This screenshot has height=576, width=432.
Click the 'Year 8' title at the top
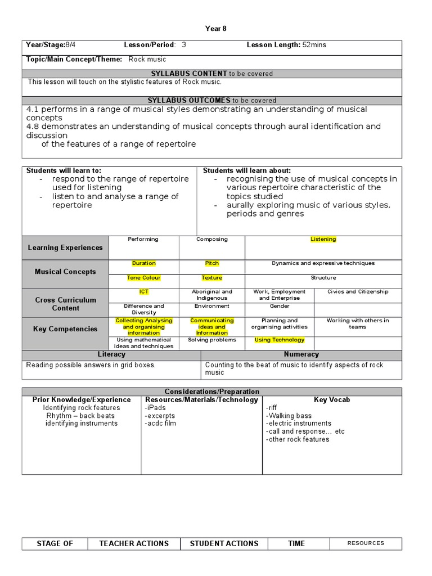coord(216,29)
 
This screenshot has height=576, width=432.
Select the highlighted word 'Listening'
coord(323,240)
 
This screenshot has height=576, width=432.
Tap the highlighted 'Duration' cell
coord(144,263)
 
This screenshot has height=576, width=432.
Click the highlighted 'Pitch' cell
coord(212,263)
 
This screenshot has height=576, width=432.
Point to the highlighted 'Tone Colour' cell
coord(144,278)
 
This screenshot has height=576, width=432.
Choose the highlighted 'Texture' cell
coord(212,278)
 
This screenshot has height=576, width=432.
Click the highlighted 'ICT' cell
coord(144,292)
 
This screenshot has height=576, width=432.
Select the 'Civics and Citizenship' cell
coord(358,292)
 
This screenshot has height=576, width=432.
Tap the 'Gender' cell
coord(280,307)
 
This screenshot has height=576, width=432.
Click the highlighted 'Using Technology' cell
coord(280,340)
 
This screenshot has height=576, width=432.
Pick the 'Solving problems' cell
coord(212,340)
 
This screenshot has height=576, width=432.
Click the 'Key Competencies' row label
coord(65,329)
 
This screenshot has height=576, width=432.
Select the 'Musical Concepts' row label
coord(65,272)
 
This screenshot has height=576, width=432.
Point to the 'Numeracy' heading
coord(301,354)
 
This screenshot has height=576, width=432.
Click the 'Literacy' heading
coord(111,354)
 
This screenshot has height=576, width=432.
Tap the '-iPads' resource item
coord(156,408)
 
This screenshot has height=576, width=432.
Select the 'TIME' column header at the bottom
coord(296,543)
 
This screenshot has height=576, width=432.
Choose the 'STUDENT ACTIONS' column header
coord(224,543)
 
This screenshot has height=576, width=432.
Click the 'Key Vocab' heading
coord(332,400)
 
